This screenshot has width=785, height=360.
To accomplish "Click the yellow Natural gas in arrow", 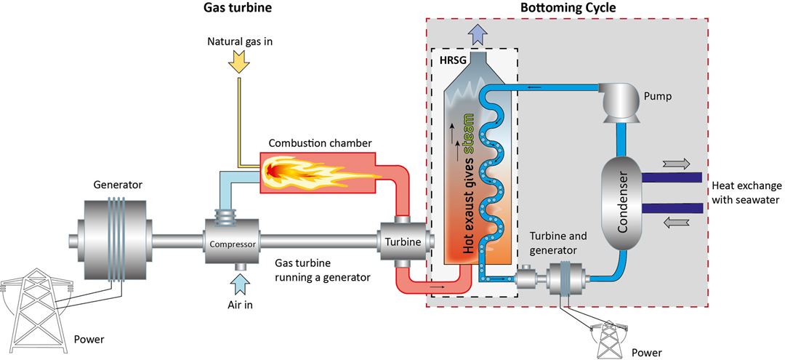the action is click(238, 61).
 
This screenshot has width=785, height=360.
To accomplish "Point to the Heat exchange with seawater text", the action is click(746, 193).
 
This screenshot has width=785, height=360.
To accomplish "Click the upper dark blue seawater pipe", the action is click(671, 177).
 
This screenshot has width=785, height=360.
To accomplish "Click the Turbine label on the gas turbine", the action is click(403, 242).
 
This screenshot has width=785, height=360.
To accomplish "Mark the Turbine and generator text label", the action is click(555, 242).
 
